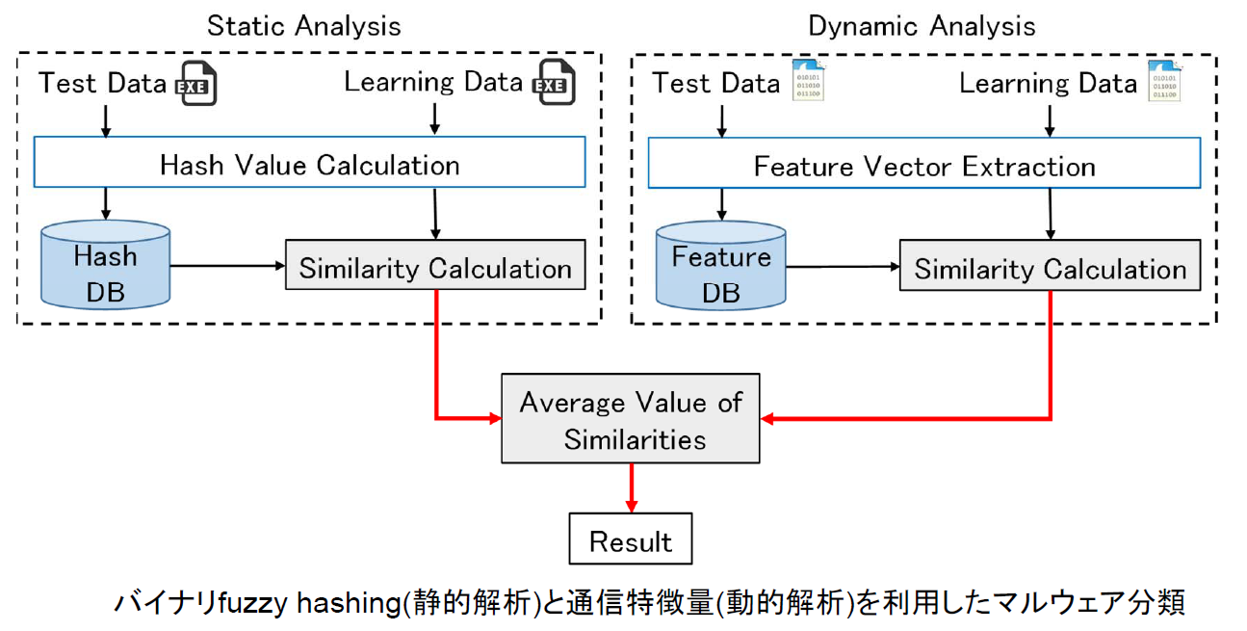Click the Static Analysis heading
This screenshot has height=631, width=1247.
304,26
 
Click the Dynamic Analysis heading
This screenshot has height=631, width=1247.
922,26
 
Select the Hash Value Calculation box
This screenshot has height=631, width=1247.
309,162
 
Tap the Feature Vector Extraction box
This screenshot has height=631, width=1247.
924,163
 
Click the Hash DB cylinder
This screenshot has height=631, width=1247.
106,265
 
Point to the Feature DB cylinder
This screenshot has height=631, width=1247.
721,266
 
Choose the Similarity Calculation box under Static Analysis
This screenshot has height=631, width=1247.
435,265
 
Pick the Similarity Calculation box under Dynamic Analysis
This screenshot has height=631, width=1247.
1050,265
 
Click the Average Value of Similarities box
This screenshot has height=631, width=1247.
631,418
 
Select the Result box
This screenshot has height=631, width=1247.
631,539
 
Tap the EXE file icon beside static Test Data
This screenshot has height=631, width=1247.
196,84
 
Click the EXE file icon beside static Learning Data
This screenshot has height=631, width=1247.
554,83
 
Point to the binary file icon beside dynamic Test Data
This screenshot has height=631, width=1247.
808,81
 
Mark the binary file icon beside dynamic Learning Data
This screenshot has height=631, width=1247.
1164,81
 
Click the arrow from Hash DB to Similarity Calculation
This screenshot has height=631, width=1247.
227,266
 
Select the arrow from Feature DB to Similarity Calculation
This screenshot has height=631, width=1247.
843,267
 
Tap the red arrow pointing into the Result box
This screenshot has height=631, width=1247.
632,487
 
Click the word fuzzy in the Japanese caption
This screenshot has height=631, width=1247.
252,604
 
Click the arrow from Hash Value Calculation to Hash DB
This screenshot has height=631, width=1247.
106,204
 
